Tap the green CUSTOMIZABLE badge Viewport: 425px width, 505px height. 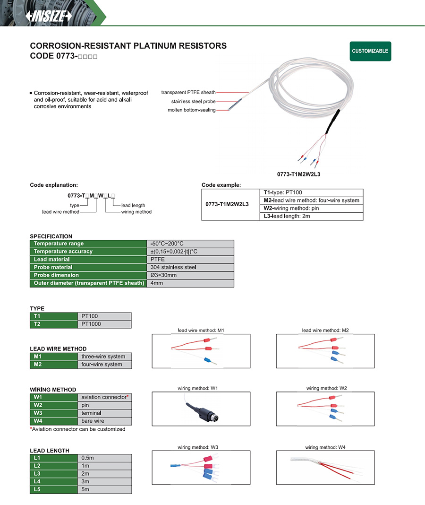click(370, 51)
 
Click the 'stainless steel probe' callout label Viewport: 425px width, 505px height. click(194, 101)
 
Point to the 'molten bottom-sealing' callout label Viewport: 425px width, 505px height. click(192, 110)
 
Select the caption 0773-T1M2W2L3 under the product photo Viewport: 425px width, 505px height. click(302, 174)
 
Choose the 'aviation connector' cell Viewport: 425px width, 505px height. click(104, 397)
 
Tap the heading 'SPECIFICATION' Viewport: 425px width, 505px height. click(51, 236)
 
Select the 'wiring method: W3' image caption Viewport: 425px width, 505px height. click(198, 447)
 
